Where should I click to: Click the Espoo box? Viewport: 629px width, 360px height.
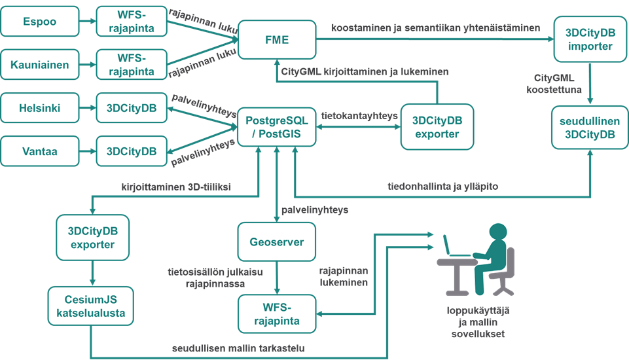(40, 22)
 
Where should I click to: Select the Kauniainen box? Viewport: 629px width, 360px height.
(40, 65)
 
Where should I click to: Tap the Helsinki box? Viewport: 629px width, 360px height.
(40, 108)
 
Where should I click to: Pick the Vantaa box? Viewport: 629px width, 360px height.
(40, 151)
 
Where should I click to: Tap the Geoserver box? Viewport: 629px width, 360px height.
(276, 242)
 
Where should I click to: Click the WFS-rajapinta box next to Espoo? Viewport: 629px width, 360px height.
(132, 22)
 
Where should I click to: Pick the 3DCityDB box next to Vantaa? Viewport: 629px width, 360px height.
(132, 151)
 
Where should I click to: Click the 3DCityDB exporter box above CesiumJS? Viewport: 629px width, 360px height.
(92, 238)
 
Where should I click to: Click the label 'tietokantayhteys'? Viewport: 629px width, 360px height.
(359, 116)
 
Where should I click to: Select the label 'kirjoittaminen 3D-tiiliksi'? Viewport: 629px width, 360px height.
(176, 187)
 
